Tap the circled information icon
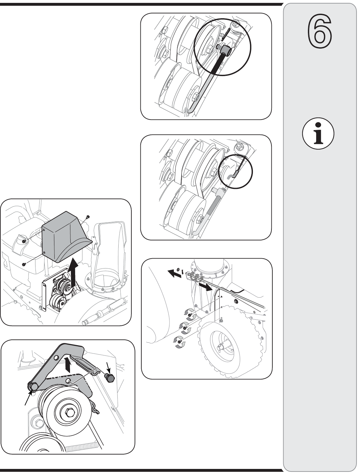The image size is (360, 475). pyautogui.click(x=318, y=133)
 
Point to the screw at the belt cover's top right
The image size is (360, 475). pyautogui.click(x=88, y=217)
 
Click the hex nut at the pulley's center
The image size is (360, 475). pyautogui.click(x=69, y=413)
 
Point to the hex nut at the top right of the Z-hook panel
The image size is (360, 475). pyautogui.click(x=239, y=146)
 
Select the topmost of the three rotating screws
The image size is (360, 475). pyautogui.click(x=190, y=315)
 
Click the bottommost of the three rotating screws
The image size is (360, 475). pyautogui.click(x=179, y=341)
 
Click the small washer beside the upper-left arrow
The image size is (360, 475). pyautogui.click(x=178, y=270)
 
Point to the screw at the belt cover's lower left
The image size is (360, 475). pyautogui.click(x=24, y=264)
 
